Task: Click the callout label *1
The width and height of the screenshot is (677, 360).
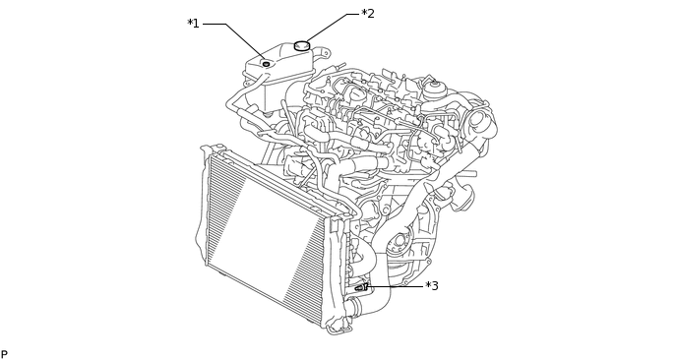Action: pyautogui.click(x=194, y=24)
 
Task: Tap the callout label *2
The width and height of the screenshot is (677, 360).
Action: pyautogui.click(x=367, y=14)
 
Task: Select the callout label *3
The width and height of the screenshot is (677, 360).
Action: pyautogui.click(x=431, y=286)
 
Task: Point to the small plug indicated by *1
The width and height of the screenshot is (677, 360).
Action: pyautogui.click(x=266, y=64)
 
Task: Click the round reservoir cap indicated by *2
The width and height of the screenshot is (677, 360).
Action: pyautogui.click(x=302, y=45)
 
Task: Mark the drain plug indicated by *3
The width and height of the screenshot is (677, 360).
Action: pyautogui.click(x=363, y=286)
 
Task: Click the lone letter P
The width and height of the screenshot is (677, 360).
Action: pyautogui.click(x=4, y=354)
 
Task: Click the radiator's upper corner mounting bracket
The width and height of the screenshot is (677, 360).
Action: pyautogui.click(x=213, y=152)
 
